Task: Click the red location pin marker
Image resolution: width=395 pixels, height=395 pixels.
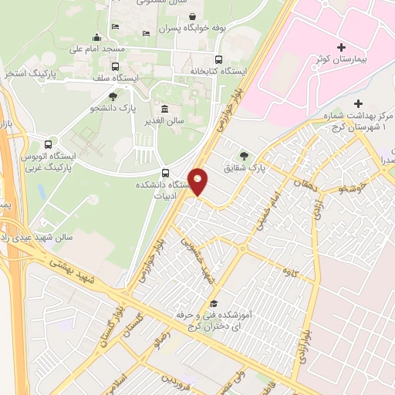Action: click(x=198, y=181)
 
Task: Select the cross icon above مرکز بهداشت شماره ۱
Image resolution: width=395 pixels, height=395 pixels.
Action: click(x=356, y=103)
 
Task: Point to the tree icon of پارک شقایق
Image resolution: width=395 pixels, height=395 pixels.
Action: click(x=245, y=156)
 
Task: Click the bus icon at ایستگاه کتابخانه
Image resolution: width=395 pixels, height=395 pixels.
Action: click(x=219, y=59)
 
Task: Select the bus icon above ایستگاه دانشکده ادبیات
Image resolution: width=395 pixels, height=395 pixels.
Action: click(x=165, y=172)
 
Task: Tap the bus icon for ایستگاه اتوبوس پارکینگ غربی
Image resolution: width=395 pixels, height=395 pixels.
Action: click(x=49, y=143)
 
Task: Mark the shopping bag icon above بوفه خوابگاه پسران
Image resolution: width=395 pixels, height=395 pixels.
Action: click(x=191, y=16)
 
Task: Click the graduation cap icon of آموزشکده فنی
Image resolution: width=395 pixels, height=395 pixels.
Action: click(x=214, y=303)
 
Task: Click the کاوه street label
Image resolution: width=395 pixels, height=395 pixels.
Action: click(x=290, y=271)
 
